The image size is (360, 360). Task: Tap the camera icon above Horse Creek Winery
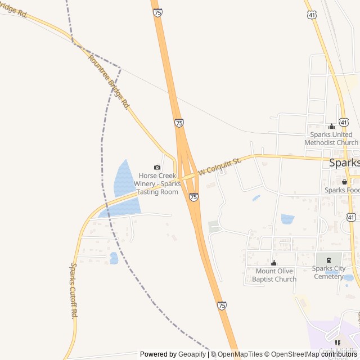point(157,167)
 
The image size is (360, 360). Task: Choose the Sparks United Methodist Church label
point(331,138)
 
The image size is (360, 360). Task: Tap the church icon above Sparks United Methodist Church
point(331,126)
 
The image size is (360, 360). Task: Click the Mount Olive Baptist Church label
point(274,275)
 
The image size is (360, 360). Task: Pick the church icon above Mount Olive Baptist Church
point(274,263)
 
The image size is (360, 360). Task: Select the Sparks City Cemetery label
point(328,272)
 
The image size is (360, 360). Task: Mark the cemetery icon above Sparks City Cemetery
point(329,260)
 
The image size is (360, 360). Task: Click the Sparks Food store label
point(341,190)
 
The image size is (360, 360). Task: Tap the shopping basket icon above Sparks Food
point(344,182)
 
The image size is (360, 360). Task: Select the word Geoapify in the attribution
point(192,354)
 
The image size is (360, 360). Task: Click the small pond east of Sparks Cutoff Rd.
point(114,258)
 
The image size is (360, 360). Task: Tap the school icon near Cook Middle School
point(338,343)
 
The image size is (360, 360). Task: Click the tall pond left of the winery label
point(124,179)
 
